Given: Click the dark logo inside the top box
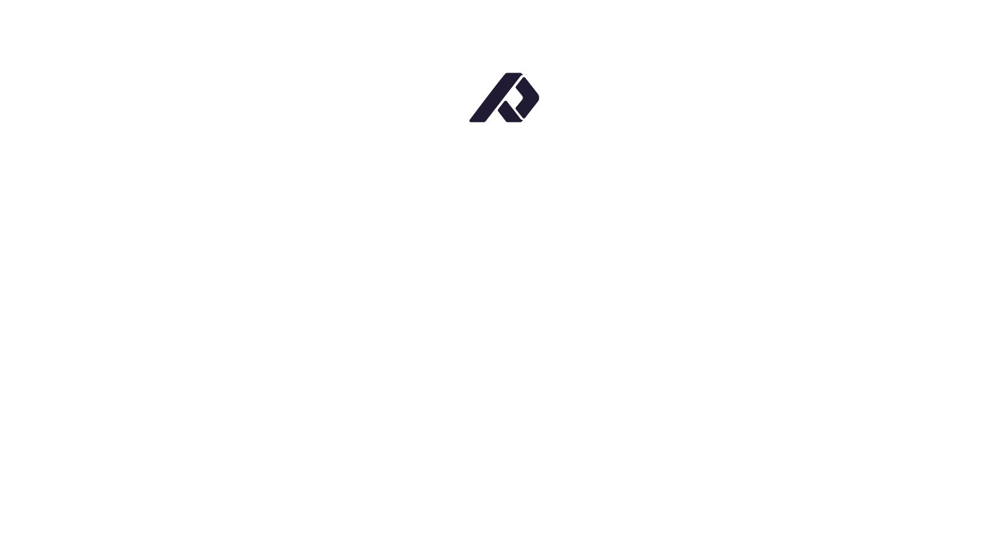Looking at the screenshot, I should (x=504, y=97).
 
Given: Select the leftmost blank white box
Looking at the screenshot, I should (x=230, y=438).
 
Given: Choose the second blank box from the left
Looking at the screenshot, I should (x=412, y=438).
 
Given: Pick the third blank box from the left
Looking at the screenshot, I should (x=594, y=438).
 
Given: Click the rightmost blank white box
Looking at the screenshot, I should (x=777, y=438).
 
